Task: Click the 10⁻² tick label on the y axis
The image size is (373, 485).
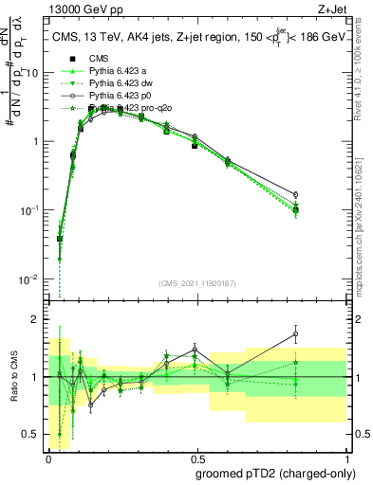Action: (31, 279)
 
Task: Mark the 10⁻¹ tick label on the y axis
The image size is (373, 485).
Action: (31, 210)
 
